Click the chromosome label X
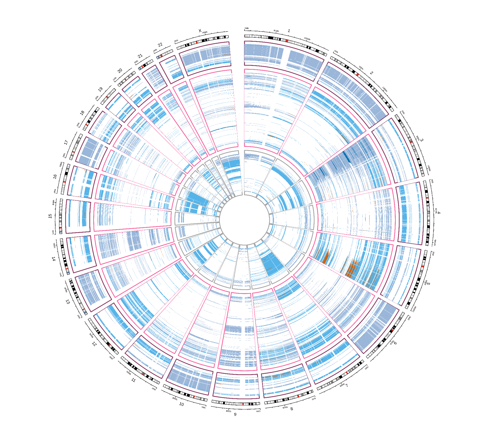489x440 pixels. [x=200, y=31]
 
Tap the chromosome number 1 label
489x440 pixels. [x=289, y=31]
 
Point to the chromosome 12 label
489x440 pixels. [x=94, y=344]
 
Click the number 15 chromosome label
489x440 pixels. [x=50, y=216]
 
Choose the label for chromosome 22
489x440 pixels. [x=160, y=45]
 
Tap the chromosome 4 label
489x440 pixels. [x=439, y=212]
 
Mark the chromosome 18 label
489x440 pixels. [x=82, y=113]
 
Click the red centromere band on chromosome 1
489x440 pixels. [x=287, y=41]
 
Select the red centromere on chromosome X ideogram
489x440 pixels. [x=197, y=42]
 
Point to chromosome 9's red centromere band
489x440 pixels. [x=243, y=404]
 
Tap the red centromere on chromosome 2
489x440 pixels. [x=358, y=75]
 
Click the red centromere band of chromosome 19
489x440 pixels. [x=107, y=97]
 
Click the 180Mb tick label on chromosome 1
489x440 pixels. [x=307, y=39]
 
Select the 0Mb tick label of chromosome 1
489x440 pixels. [x=247, y=28]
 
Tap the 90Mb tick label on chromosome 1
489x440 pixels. [x=276, y=31]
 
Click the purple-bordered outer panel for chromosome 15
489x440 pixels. [x=78, y=216]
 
